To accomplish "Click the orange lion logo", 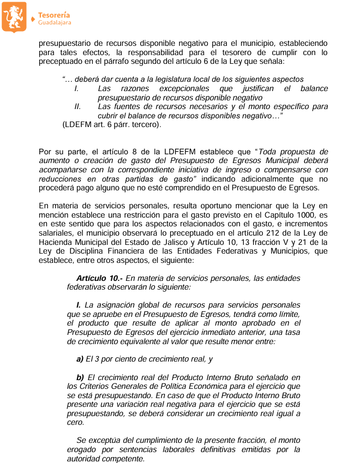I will [14, 16].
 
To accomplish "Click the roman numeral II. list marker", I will [77, 107].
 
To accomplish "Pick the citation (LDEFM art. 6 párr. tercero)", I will [112, 125].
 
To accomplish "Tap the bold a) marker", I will [80, 359].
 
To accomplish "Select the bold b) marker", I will [80, 377].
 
